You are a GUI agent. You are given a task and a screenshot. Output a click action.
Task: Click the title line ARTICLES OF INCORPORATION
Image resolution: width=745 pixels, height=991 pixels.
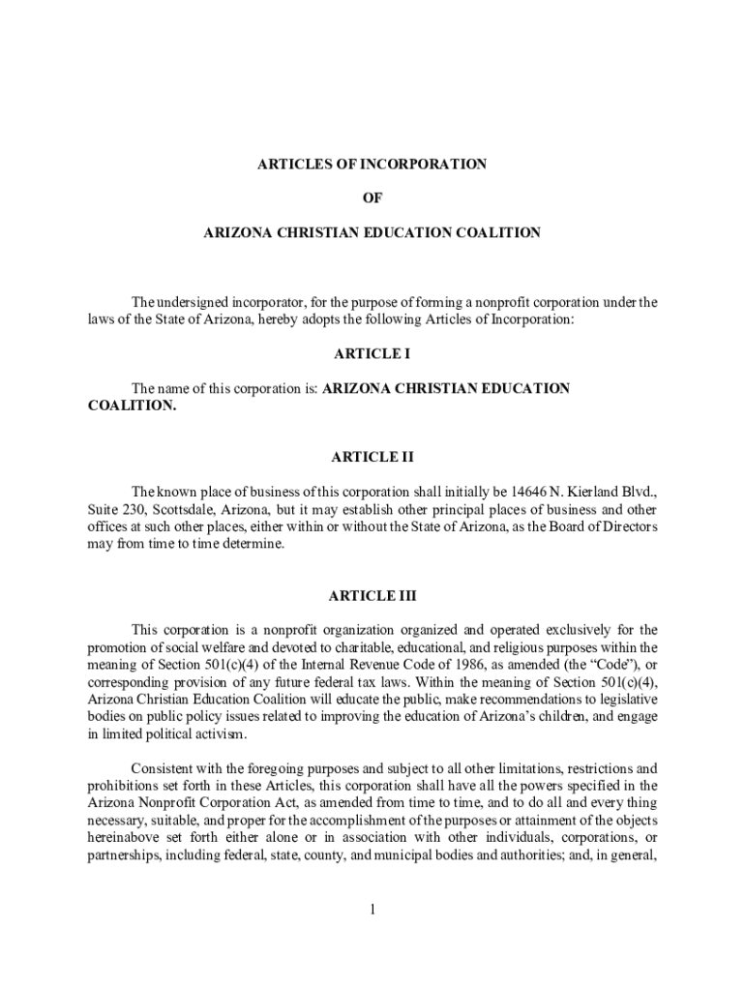point(372,165)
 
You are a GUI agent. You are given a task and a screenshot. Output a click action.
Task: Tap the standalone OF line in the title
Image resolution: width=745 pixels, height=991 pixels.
point(372,198)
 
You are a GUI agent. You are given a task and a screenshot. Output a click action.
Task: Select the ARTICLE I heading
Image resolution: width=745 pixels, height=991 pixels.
point(372,354)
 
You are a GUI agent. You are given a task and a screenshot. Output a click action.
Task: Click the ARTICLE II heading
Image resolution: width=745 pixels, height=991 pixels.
point(372,457)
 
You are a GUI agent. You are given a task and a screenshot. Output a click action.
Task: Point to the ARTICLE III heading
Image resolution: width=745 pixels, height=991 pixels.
point(372,596)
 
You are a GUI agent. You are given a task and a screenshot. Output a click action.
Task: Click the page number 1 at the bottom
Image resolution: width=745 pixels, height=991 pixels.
point(372,910)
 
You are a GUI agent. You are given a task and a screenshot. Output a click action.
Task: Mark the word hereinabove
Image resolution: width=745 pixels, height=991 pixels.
point(128,838)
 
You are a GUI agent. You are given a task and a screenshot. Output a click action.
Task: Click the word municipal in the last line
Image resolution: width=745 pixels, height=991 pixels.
point(459,856)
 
